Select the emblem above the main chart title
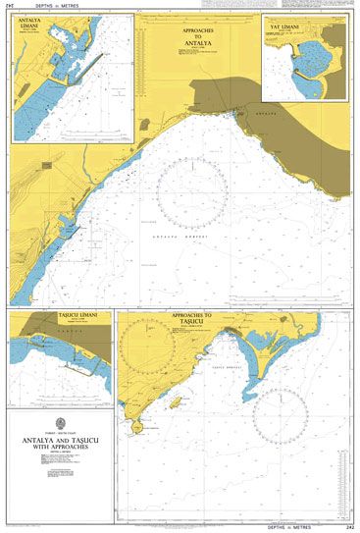(57, 427)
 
